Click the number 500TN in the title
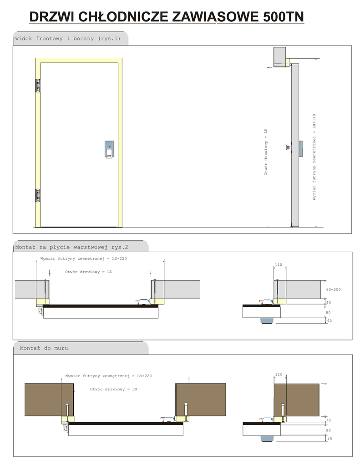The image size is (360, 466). pyautogui.click(x=283, y=17)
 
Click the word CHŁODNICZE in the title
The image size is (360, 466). pyautogui.click(x=124, y=17)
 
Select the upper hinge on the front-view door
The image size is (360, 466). pyautogui.click(x=38, y=86)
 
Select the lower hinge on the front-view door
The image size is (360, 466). pyautogui.click(x=38, y=195)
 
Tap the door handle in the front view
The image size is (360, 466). pyautogui.click(x=109, y=149)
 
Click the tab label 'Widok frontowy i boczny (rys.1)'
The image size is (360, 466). pyautogui.click(x=68, y=39)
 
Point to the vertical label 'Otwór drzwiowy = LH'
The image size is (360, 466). pyautogui.click(x=266, y=152)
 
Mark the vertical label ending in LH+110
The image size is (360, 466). pyautogui.click(x=314, y=157)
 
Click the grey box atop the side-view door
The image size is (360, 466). pyautogui.click(x=279, y=57)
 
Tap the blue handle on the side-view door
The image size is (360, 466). pyautogui.click(x=301, y=149)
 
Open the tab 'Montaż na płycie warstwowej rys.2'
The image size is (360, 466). pyautogui.click(x=71, y=247)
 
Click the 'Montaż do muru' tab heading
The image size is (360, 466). pyautogui.click(x=44, y=348)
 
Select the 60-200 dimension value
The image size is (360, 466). pyautogui.click(x=334, y=289)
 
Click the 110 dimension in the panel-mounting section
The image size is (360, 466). pyautogui.click(x=279, y=265)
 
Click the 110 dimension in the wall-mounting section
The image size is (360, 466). pyautogui.click(x=279, y=375)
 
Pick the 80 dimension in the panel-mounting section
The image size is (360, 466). pyautogui.click(x=328, y=313)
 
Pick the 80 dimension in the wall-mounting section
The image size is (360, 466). pyautogui.click(x=328, y=431)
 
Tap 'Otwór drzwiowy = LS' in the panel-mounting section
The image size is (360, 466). pyautogui.click(x=89, y=272)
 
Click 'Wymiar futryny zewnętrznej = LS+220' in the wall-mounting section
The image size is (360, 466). pyautogui.click(x=108, y=376)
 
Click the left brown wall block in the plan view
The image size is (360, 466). pyautogui.click(x=49, y=400)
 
